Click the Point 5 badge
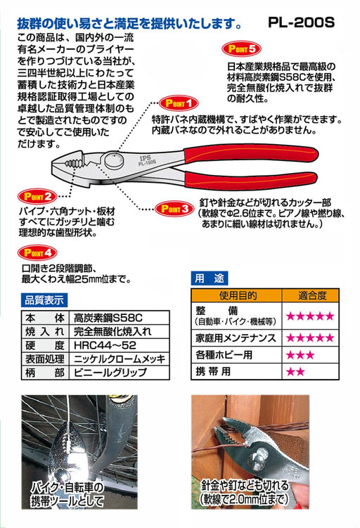point(242,49)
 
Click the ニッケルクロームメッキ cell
point(120,361)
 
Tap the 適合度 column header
point(310,295)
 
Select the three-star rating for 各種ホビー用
point(299,354)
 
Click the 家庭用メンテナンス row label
point(236,338)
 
